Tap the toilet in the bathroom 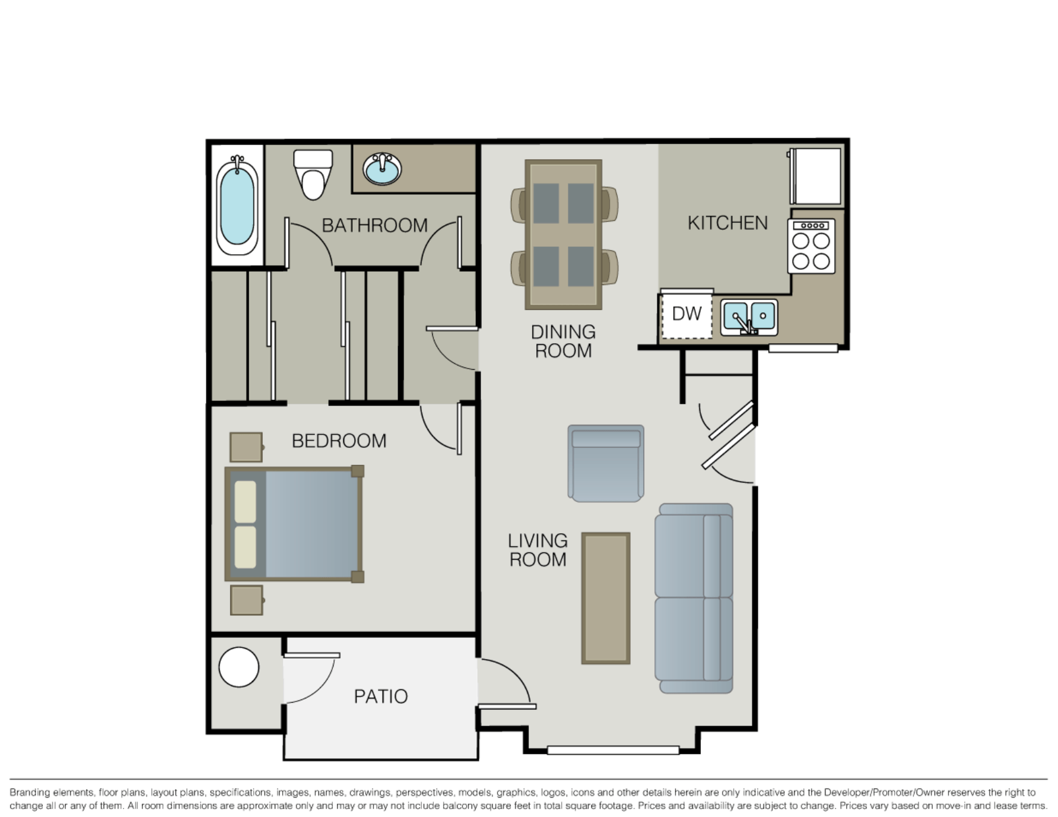point(313,175)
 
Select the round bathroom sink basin point(382,169)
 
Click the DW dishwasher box point(687,315)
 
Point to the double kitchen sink point(749,317)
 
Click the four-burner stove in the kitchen point(811,246)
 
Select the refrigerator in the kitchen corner point(816,176)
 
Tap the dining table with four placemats point(563,235)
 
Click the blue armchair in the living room point(606,463)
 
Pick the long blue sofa point(694,598)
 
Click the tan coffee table point(606,598)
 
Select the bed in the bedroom point(294,524)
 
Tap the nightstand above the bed point(246,447)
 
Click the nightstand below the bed point(246,600)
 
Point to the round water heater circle point(239,667)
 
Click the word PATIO point(381,697)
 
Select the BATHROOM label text point(375,226)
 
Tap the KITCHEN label point(728,223)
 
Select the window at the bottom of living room point(613,750)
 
